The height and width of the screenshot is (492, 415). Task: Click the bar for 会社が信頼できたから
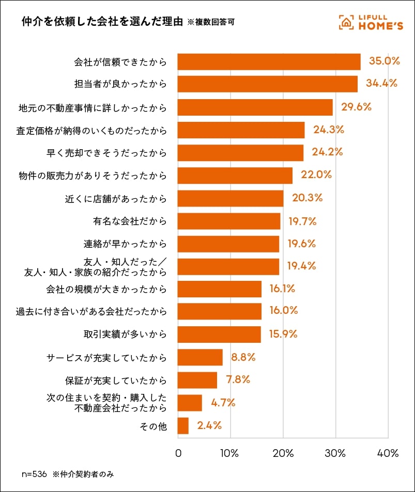pos(269,61)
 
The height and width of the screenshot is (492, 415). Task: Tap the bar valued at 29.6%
pos(255,107)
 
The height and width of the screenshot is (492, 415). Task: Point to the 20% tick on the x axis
pos(283,454)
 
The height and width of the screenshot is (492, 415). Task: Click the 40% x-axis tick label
pos(388,454)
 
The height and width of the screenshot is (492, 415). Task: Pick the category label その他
pos(153,426)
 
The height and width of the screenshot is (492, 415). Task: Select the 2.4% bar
pos(183,426)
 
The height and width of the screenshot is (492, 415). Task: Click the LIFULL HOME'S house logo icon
pos(346,22)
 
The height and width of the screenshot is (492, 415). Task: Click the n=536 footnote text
pos(34,474)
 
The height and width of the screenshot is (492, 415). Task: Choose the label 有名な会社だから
pos(130,221)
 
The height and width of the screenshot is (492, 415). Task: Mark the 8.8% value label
pos(244,357)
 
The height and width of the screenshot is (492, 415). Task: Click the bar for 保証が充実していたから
pos(197,380)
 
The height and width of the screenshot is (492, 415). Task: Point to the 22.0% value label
pos(316,174)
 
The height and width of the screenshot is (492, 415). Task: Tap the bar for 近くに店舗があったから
pos(230,198)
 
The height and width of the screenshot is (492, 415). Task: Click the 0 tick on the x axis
pos(178,454)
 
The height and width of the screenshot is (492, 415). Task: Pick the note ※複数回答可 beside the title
pos(213,23)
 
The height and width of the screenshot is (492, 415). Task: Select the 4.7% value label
pos(223,403)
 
